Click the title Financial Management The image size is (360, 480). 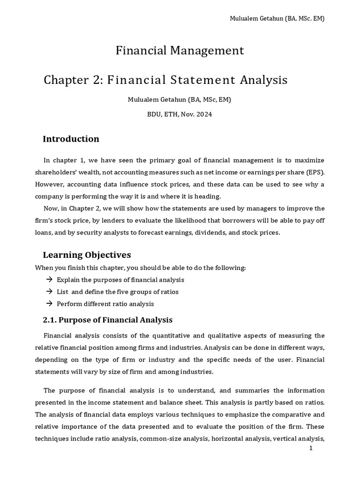click(180, 51)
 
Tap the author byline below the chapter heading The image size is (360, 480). click(180, 100)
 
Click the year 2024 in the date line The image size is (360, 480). click(203, 114)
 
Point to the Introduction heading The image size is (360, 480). click(71, 139)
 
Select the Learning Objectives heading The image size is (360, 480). click(87, 255)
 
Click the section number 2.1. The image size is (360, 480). click(50, 320)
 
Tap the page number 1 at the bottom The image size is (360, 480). click(310, 448)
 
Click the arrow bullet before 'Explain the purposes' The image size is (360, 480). click(49, 280)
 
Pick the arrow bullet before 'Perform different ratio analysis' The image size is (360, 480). click(49, 304)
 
